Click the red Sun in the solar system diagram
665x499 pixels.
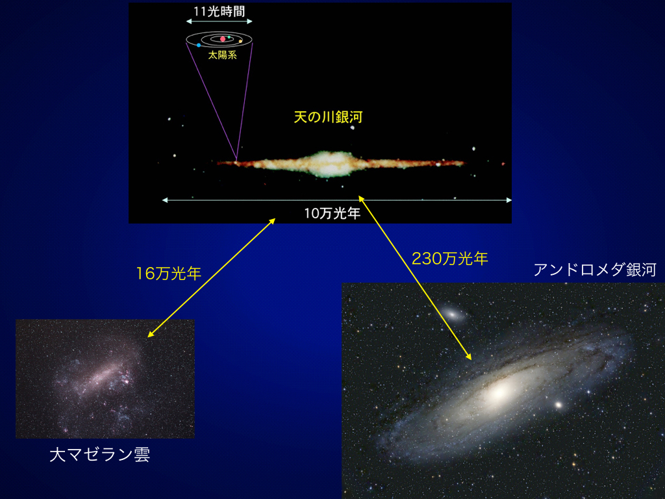[223, 39]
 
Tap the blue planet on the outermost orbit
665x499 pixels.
[199, 45]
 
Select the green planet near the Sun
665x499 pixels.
[229, 37]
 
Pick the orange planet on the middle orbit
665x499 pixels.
[240, 41]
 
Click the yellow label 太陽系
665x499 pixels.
[222, 55]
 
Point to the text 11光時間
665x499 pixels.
[220, 12]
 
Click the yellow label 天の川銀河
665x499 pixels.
[328, 117]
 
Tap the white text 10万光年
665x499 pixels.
[332, 213]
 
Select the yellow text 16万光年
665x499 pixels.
[168, 274]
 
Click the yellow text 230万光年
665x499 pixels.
[450, 259]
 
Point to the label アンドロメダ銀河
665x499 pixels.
[595, 270]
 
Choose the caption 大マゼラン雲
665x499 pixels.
[99, 455]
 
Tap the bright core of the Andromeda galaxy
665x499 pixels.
[499, 392]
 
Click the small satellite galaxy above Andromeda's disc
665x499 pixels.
[452, 314]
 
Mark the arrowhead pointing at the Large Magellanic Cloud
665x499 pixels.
[150, 335]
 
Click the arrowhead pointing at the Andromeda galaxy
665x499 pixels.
[469, 357]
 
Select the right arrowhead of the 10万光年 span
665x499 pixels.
[509, 200]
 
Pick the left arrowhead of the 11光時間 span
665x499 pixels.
[188, 21]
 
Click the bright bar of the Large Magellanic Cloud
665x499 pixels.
[102, 376]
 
